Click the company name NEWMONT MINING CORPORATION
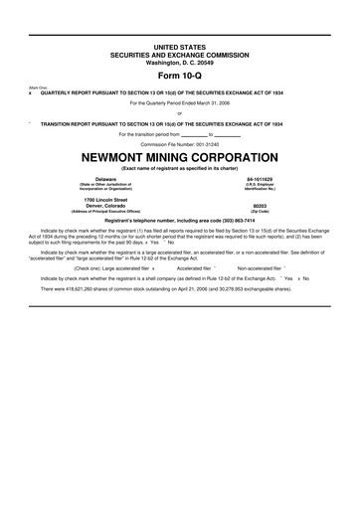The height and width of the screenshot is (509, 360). [x=180, y=156]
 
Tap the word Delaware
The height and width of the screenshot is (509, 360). [x=106, y=179]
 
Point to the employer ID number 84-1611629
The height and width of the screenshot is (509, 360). [x=261, y=179]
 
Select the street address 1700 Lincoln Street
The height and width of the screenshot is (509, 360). [x=106, y=199]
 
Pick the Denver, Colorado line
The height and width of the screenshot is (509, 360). [x=106, y=206]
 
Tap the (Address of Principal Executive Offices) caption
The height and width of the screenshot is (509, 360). [x=106, y=212]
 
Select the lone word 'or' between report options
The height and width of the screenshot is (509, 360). [x=180, y=112]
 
